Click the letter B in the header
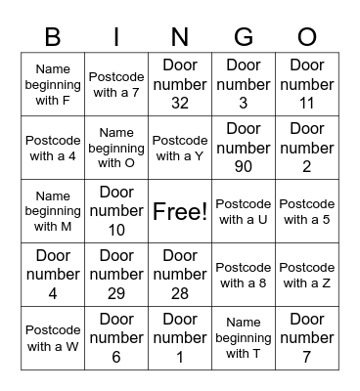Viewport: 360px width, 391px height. pyautogui.click(x=53, y=37)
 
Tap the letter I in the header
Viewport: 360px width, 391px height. pyautogui.click(x=116, y=37)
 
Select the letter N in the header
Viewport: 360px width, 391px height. pyautogui.click(x=180, y=37)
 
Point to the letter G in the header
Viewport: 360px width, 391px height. pyautogui.click(x=244, y=37)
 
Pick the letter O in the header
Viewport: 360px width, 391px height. pyautogui.click(x=307, y=37)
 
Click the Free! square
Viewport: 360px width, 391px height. pyautogui.click(x=180, y=211)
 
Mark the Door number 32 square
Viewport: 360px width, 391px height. pyautogui.click(x=180, y=84)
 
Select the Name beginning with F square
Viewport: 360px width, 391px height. pyautogui.click(x=53, y=84)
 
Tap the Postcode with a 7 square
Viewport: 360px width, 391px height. pyautogui.click(x=116, y=84)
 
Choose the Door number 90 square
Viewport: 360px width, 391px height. pyautogui.click(x=244, y=148)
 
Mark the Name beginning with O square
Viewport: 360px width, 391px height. pyautogui.click(x=116, y=148)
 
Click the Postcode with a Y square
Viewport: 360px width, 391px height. pyautogui.click(x=180, y=148)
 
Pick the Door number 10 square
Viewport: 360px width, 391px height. pyautogui.click(x=116, y=211)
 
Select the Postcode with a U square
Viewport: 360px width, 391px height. pyautogui.click(x=244, y=211)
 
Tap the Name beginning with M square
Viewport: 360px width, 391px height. pyautogui.click(x=53, y=211)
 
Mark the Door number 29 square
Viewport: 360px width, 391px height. pyautogui.click(x=116, y=275)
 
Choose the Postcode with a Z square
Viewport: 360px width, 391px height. pyautogui.click(x=307, y=275)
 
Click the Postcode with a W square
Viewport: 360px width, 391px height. pyautogui.click(x=53, y=338)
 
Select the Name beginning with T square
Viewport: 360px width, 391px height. pyautogui.click(x=244, y=338)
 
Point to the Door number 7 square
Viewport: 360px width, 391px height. pyautogui.click(x=307, y=338)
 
